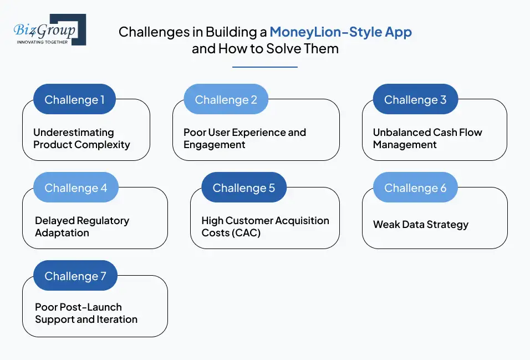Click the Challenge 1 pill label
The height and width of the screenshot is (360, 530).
point(74,100)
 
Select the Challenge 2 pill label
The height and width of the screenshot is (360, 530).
point(226,100)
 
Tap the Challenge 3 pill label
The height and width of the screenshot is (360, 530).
point(415,100)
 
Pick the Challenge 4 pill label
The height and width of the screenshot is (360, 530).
point(75,188)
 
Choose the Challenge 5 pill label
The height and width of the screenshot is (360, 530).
point(243,188)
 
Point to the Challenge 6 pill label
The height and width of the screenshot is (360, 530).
point(415,188)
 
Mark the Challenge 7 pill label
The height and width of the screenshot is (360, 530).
point(75,276)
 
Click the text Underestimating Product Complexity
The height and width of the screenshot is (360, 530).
point(81,139)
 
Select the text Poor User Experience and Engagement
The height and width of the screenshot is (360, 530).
point(244,139)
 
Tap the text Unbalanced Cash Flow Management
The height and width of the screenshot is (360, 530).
point(427,139)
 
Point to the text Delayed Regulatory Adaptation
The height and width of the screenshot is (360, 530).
point(81,227)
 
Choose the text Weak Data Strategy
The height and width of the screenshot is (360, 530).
point(420,225)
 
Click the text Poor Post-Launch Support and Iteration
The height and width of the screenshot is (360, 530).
point(86,313)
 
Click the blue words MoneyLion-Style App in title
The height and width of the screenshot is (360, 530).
point(340,32)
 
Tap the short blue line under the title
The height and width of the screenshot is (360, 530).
point(264,67)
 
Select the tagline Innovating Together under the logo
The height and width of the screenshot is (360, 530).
point(42,42)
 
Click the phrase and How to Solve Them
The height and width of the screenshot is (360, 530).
point(265,49)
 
